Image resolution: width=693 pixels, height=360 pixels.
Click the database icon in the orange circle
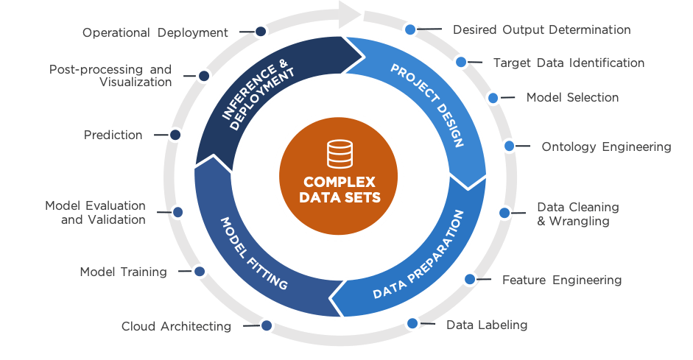(340, 155)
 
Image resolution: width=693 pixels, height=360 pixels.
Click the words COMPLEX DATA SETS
(340, 189)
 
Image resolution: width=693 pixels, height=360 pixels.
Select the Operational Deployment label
(155, 32)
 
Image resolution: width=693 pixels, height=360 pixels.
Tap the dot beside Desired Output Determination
(410, 30)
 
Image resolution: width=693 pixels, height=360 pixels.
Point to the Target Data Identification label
(569, 63)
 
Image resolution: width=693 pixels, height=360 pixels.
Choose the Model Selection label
(572, 97)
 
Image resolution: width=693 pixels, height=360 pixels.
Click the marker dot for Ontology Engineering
(509, 146)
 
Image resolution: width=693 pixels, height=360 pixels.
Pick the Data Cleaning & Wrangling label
(577, 213)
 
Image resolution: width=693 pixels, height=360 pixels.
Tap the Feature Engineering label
(561, 280)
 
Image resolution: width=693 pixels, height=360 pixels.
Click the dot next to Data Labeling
(412, 322)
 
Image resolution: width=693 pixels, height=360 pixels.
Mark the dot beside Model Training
(199, 272)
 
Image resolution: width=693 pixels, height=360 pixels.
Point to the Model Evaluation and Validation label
(95, 212)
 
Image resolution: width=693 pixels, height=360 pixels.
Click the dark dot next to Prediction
(175, 135)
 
